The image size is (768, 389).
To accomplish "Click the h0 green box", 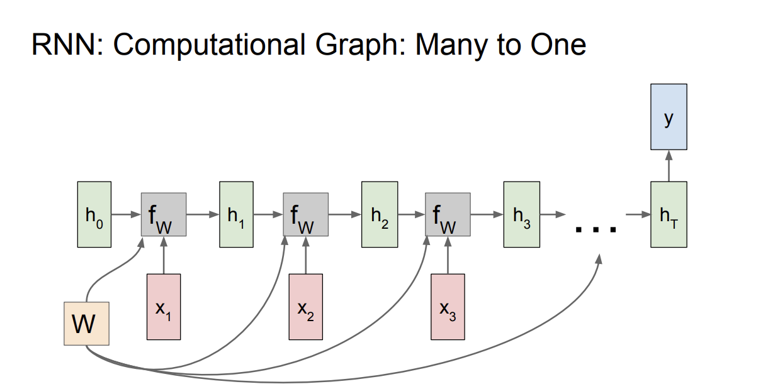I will click(94, 214).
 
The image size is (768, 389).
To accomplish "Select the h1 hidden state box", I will click(236, 214).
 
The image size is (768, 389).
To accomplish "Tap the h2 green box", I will click(379, 214).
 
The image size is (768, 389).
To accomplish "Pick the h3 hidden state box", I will click(521, 214).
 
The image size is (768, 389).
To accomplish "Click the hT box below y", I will click(669, 214).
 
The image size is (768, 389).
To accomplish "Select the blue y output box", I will click(669, 117).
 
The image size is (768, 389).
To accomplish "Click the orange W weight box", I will click(86, 324).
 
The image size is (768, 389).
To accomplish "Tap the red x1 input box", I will click(163, 307).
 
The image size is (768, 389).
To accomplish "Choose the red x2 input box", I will click(305, 307).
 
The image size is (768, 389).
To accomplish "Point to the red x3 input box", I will click(448, 307).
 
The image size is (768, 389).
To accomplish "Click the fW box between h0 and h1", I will click(163, 214).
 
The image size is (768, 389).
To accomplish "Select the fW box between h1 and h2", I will click(305, 214).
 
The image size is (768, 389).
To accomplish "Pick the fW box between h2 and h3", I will click(448, 214).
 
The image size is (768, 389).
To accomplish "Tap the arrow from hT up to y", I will click(669, 166).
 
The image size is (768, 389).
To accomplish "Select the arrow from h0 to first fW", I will click(126, 214).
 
